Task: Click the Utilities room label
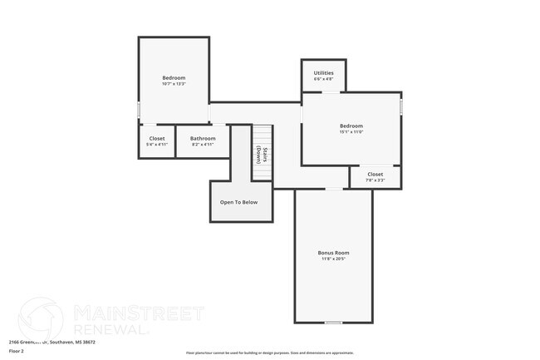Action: click(x=324, y=72)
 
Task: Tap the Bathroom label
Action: click(x=203, y=138)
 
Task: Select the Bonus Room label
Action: click(x=333, y=253)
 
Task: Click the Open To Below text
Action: click(x=238, y=202)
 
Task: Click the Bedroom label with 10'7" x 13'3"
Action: click(x=174, y=77)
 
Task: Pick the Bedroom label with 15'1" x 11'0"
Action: click(x=351, y=126)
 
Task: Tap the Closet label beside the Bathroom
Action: click(x=157, y=138)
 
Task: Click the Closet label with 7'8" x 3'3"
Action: click(x=376, y=174)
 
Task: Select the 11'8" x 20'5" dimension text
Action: click(x=333, y=259)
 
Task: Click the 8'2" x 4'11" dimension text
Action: click(x=203, y=145)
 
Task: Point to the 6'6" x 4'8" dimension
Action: click(x=324, y=79)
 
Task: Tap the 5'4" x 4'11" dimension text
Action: click(x=157, y=145)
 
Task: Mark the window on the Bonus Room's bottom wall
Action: click(x=333, y=322)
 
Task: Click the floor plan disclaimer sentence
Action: click(x=269, y=353)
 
